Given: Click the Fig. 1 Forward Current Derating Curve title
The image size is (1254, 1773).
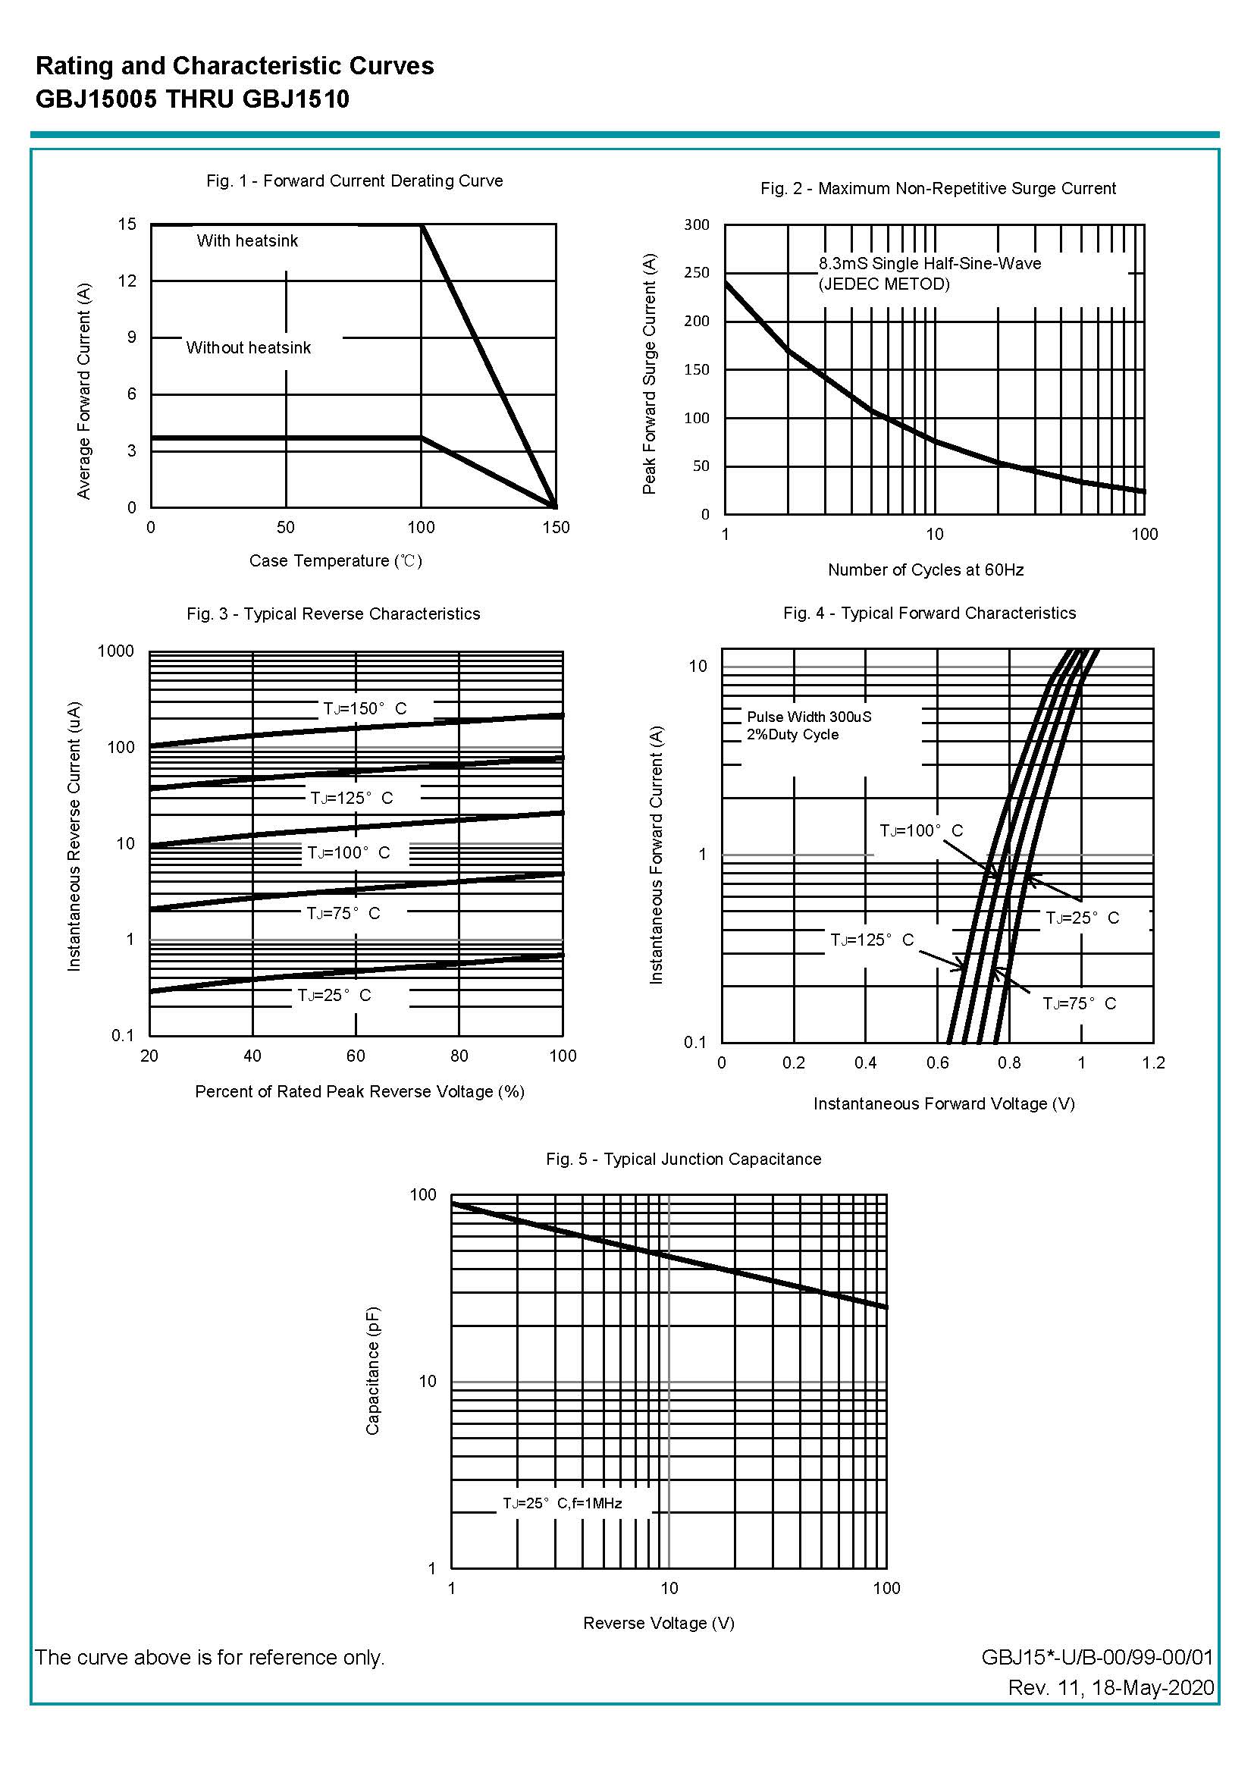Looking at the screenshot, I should [354, 180].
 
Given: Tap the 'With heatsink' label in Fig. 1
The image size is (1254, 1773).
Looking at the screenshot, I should [247, 241].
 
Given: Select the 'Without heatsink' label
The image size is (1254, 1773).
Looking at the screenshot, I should [248, 348].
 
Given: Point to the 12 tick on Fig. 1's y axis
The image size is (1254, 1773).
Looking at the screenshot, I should [127, 281].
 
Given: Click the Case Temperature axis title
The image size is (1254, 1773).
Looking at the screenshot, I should [335, 560].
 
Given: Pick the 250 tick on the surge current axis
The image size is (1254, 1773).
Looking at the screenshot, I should [696, 272].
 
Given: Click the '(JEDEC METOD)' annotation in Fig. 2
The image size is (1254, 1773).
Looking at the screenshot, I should [884, 284].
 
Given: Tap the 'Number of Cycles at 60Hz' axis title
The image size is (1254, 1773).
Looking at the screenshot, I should [926, 570].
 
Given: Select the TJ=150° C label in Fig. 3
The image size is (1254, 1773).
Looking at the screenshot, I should [365, 709].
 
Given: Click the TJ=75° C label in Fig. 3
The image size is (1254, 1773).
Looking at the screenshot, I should [343, 914].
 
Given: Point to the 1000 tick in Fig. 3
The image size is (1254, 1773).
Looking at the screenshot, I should [116, 651].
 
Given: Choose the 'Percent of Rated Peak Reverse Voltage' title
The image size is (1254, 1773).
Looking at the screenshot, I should [360, 1091].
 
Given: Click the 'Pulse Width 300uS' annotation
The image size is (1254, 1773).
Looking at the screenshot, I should [808, 717].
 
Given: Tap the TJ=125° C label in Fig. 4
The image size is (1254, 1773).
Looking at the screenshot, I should [872, 940].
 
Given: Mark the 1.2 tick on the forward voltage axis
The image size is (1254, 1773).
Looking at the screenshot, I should [1153, 1062].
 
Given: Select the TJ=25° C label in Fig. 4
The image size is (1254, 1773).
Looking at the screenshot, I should [1082, 918].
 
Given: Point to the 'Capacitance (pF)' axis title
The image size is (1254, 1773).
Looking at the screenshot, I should [372, 1370].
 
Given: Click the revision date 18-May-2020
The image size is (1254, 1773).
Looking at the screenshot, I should [1154, 1688].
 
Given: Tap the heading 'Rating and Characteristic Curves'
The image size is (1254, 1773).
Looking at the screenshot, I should [235, 67].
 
